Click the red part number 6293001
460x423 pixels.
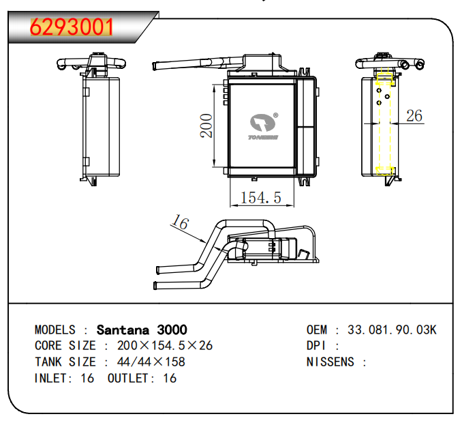(71, 27)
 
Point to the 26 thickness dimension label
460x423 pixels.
(414, 115)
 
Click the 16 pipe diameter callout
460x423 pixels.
(179, 222)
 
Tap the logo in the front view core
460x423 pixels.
(263, 126)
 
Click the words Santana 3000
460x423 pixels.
(142, 330)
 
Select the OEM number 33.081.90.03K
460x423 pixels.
(392, 330)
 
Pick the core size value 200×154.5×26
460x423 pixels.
(165, 345)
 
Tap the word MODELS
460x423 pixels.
(55, 330)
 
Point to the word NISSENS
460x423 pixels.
(331, 362)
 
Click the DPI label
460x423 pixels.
(317, 345)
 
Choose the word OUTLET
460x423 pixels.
(129, 378)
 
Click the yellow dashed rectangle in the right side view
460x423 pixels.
(386, 123)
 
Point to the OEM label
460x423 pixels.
(317, 330)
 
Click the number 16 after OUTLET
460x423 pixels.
(170, 378)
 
